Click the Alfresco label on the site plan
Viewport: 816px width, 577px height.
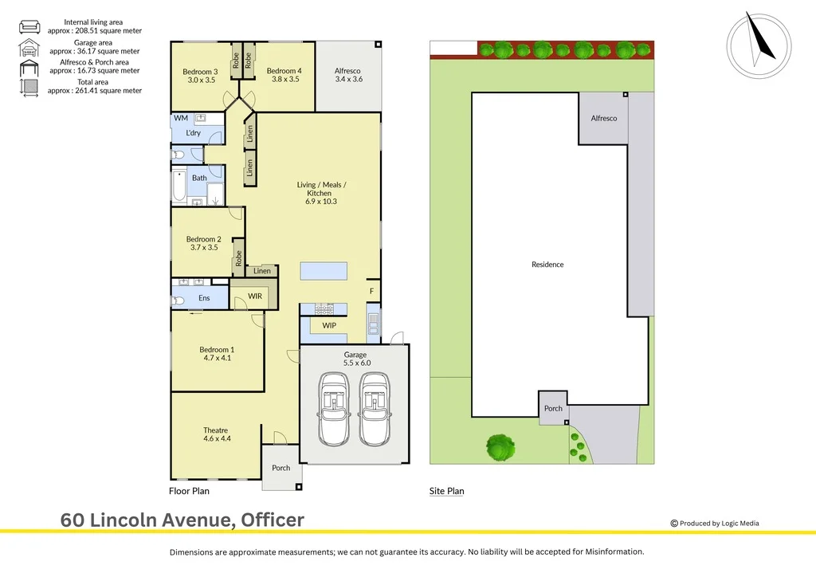click(x=603, y=119)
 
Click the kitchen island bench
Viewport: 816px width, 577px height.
click(x=324, y=271)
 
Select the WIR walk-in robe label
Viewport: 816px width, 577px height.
click(x=255, y=296)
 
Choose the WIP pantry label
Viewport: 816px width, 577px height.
click(x=329, y=326)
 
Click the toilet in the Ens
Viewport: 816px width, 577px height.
click(x=178, y=300)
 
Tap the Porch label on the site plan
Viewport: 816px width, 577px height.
click(x=553, y=409)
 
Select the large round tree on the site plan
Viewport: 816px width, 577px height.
click(x=500, y=446)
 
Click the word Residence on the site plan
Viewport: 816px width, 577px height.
click(x=547, y=265)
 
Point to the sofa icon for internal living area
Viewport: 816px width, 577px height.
click(x=29, y=26)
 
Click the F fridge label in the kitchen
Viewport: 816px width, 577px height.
click(x=371, y=292)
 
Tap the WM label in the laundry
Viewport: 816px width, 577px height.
click(x=181, y=118)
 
